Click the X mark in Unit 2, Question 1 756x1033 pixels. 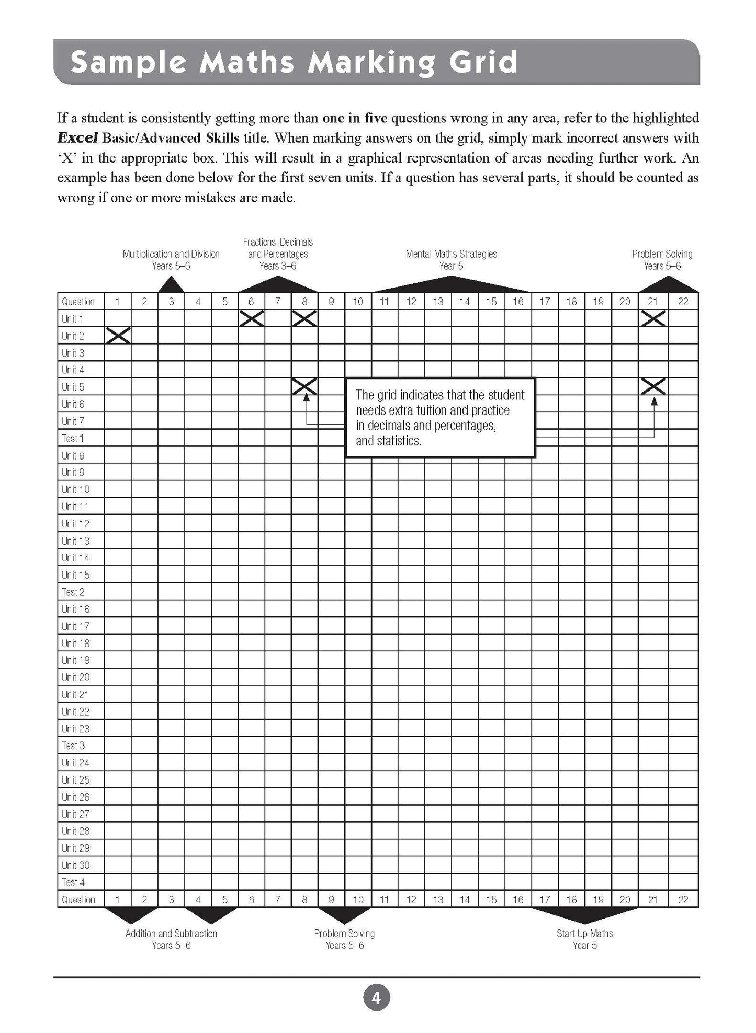(x=118, y=335)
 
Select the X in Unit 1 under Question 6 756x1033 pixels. (x=251, y=318)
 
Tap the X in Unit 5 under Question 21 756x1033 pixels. (x=653, y=386)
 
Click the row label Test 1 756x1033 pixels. (x=73, y=438)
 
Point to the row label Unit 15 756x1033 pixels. (x=76, y=575)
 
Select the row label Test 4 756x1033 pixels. (x=73, y=882)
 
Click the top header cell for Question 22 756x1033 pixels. (x=683, y=301)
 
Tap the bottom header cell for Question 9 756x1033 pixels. (x=331, y=899)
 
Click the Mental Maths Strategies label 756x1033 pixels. (x=451, y=254)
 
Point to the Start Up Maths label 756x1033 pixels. (x=584, y=933)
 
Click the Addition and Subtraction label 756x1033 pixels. (x=171, y=933)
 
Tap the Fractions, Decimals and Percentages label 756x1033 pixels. (x=278, y=254)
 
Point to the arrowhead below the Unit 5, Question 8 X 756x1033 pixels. (x=306, y=398)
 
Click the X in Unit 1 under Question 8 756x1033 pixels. (x=304, y=318)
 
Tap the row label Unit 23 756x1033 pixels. (x=76, y=728)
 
